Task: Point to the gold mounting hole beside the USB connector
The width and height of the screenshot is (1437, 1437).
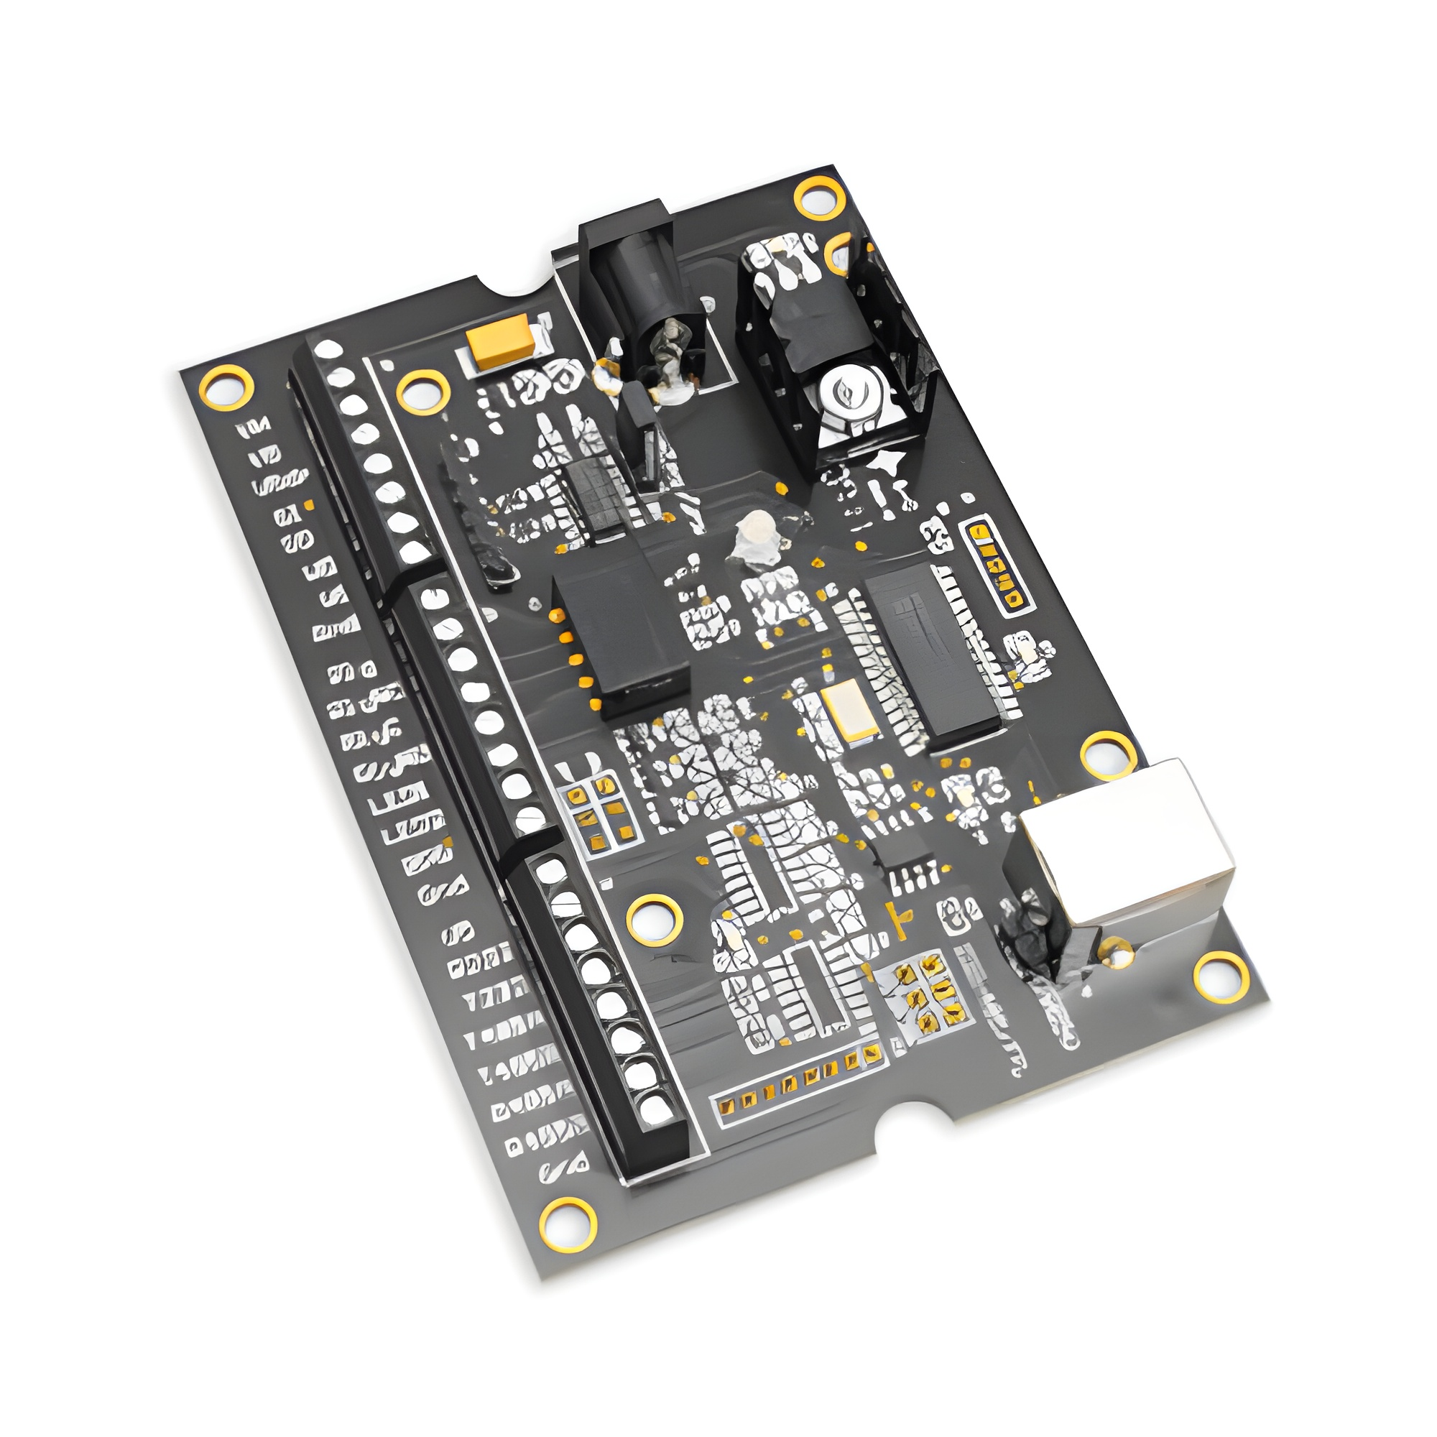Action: tap(1106, 754)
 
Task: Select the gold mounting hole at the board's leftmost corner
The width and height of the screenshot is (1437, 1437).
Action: tap(226, 387)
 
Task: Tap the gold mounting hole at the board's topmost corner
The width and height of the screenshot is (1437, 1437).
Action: tap(820, 198)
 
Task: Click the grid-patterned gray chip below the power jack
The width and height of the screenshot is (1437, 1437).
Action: tap(595, 494)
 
